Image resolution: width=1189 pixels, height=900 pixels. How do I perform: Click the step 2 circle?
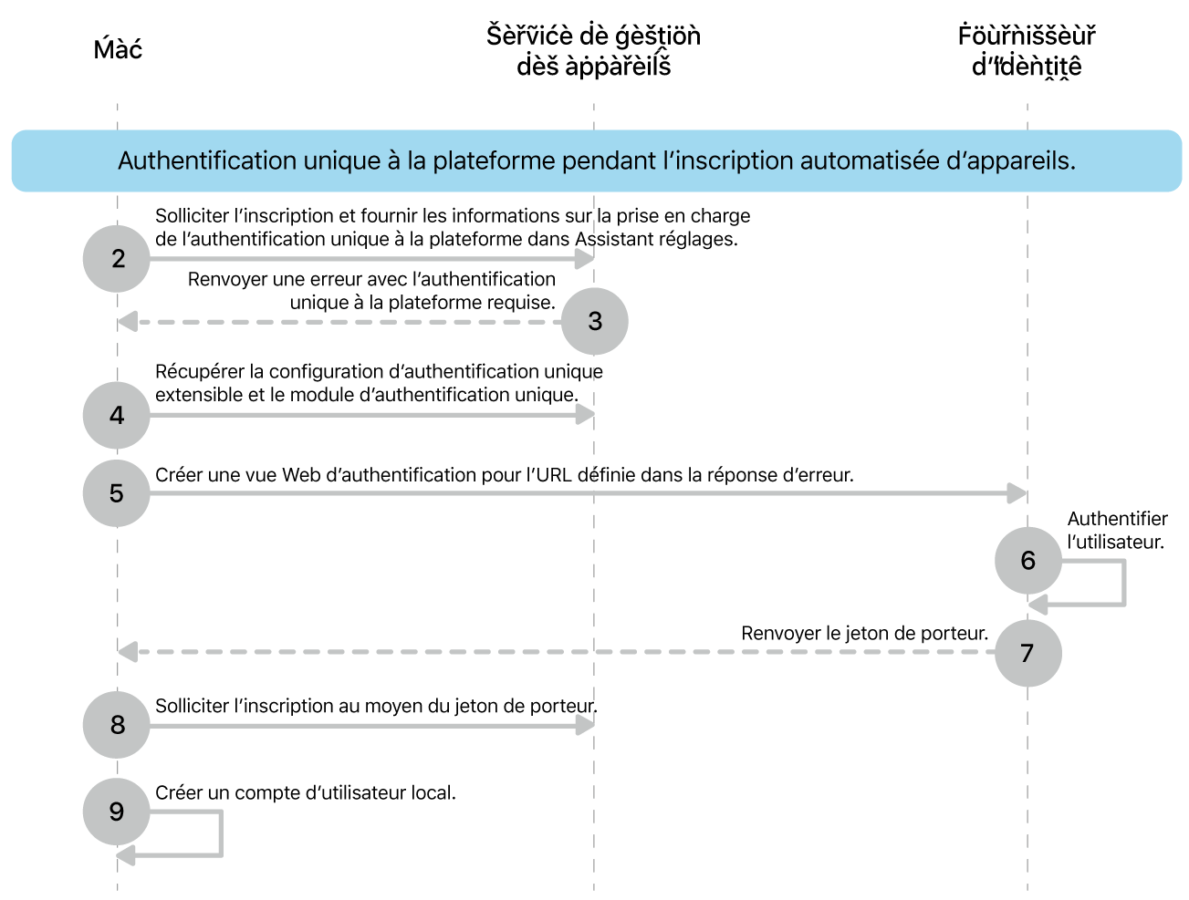click(117, 259)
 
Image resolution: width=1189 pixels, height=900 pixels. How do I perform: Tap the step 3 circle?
click(595, 321)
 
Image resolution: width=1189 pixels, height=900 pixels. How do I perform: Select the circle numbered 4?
click(117, 416)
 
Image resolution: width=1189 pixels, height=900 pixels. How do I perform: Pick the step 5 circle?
click(117, 493)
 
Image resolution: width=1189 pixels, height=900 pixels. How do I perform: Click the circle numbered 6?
click(1028, 560)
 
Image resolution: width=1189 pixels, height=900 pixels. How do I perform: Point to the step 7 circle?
click(1028, 653)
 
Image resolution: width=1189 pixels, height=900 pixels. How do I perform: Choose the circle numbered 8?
click(117, 725)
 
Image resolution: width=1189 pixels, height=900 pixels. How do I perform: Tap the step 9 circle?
click(117, 812)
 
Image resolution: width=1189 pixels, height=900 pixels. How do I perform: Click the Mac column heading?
click(118, 49)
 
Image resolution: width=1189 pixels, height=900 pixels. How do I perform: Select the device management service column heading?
click(593, 51)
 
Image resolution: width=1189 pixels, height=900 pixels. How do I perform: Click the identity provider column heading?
click(1027, 51)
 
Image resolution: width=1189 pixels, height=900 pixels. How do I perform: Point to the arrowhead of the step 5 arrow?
click(1017, 493)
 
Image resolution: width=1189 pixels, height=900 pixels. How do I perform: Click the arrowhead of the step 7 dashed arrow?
click(128, 652)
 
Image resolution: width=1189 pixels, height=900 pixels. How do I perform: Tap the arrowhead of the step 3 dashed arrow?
click(128, 322)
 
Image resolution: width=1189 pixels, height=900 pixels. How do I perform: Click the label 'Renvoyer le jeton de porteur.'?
click(864, 633)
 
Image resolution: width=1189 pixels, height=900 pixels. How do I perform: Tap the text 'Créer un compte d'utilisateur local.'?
click(306, 793)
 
